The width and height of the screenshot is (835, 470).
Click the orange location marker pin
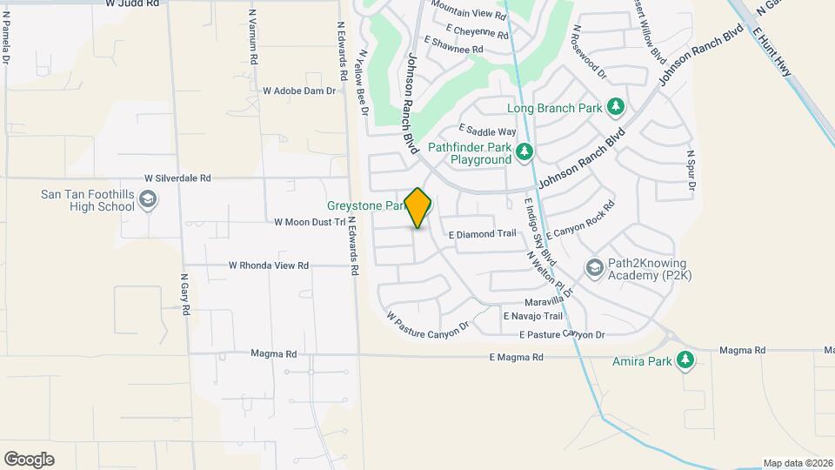[418, 207]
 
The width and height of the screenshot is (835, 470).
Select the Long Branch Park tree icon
[616, 107]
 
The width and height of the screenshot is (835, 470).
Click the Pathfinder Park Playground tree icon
[524, 153]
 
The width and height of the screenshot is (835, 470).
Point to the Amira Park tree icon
[686, 360]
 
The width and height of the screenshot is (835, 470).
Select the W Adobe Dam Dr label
[299, 91]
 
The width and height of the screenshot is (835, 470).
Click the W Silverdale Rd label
[178, 178]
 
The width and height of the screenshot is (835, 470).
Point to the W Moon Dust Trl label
[310, 222]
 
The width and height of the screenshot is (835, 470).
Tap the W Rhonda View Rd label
[269, 265]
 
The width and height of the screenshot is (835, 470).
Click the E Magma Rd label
[516, 357]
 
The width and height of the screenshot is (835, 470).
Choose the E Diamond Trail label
[483, 234]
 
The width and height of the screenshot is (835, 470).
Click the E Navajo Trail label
[533, 316]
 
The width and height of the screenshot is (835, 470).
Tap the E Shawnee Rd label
[452, 50]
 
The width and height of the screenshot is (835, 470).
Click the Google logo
[29, 459]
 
